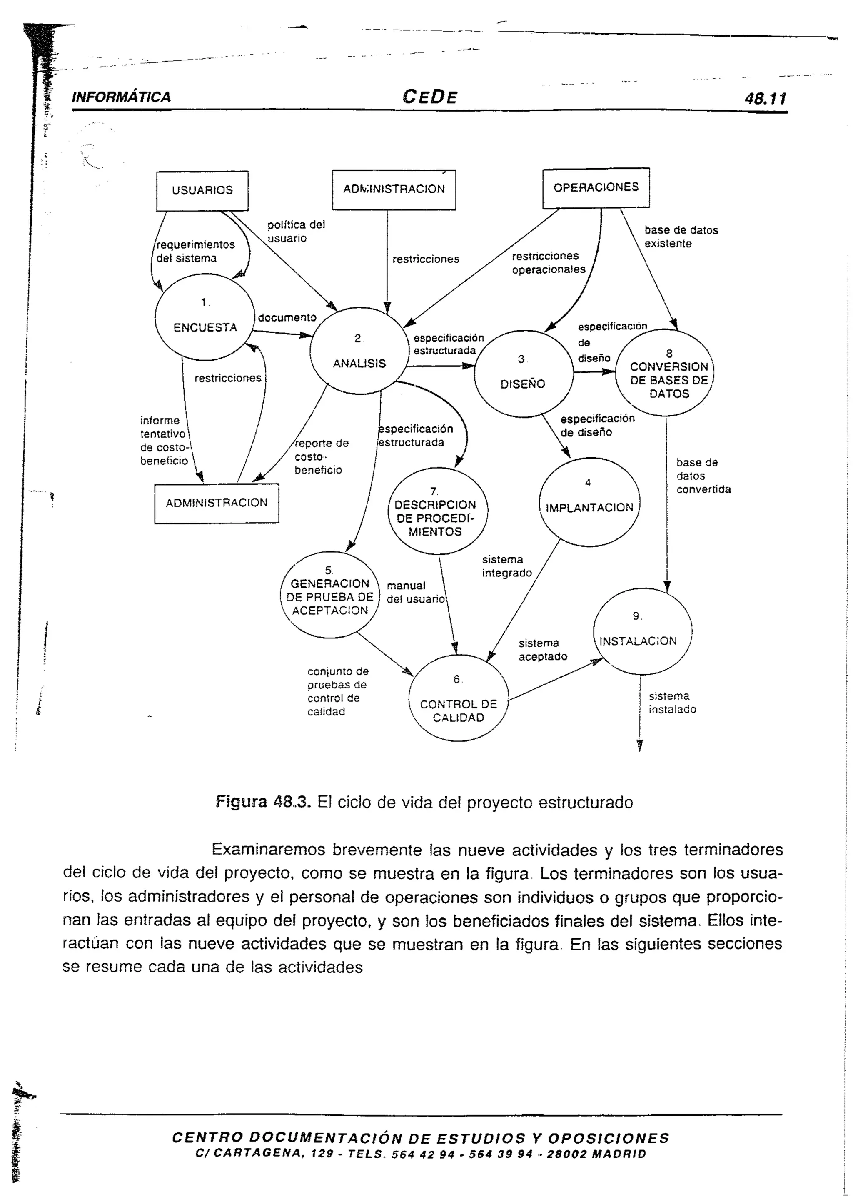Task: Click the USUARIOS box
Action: tap(202, 191)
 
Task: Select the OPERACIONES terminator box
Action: tap(596, 187)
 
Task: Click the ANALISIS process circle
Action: tap(359, 351)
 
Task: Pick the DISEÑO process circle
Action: tap(523, 374)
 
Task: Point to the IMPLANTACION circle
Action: tap(589, 501)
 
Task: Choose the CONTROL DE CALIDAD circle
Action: tap(458, 698)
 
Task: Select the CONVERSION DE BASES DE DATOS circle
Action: tap(666, 373)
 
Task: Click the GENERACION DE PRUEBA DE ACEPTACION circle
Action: tap(330, 595)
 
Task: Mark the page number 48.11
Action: tap(765, 98)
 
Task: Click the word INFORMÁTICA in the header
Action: tap(121, 97)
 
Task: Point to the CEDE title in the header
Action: tap(430, 97)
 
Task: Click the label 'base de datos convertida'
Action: tap(703, 476)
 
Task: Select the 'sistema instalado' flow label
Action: tap(672, 703)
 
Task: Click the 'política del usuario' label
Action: tap(296, 232)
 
